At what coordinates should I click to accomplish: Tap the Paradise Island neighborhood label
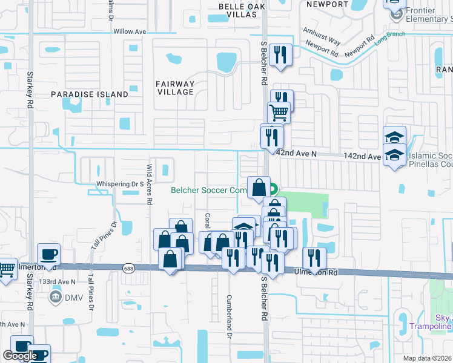click(90, 94)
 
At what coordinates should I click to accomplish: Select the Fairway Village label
click(175, 88)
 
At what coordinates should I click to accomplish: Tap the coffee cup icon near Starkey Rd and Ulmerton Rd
click(48, 254)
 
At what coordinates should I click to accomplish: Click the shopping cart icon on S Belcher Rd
click(279, 113)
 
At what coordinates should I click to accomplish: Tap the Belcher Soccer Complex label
click(207, 190)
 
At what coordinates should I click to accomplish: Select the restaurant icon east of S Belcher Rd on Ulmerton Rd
click(314, 258)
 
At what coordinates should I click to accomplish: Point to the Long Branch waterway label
click(388, 38)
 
